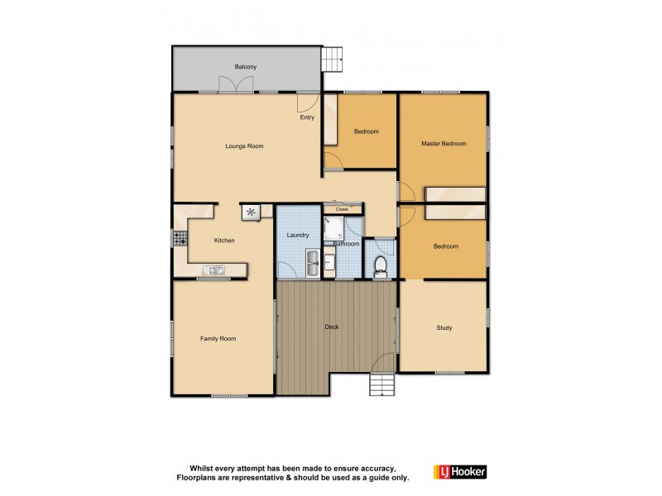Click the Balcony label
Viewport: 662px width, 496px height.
pos(245,66)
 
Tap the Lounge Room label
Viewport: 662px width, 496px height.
pos(244,146)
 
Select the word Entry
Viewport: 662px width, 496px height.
pos(307,117)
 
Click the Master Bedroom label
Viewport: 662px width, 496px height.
pos(444,144)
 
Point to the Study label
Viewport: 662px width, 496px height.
pos(444,328)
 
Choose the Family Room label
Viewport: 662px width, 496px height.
pos(218,338)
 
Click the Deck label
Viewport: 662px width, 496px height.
pos(332,327)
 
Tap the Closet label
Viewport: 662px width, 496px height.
pos(343,210)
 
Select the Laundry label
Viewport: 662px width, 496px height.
pos(298,236)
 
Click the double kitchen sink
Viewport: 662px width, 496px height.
pos(213,269)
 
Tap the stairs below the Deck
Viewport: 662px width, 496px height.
pos(382,385)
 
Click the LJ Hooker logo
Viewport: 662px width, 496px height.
pos(460,471)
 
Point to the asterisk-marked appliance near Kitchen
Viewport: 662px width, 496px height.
pos(251,213)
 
